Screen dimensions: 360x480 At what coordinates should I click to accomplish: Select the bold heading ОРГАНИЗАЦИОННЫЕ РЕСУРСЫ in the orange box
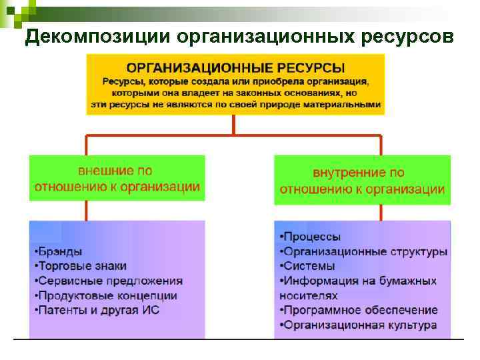[x=235, y=68]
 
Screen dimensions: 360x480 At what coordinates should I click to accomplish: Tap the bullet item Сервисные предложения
[x=108, y=281]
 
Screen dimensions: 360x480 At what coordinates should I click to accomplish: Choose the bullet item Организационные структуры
[x=363, y=251]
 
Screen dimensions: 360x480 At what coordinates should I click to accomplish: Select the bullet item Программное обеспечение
[x=359, y=310]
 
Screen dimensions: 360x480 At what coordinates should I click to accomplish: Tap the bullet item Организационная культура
[x=359, y=325]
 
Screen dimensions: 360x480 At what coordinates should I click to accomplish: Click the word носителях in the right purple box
[x=309, y=295]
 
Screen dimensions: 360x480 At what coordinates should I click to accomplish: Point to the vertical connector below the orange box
[x=233, y=125]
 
